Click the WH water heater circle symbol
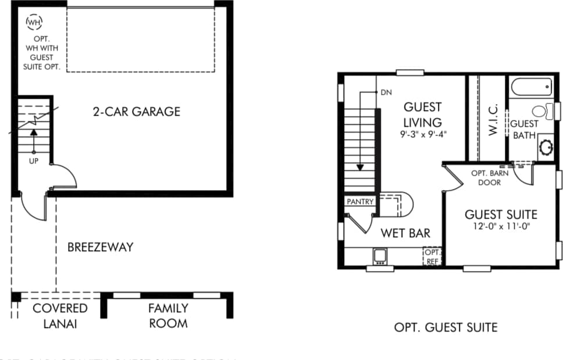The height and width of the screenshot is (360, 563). pyautogui.click(x=34, y=22)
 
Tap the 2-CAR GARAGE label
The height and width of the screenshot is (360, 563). pyautogui.click(x=137, y=111)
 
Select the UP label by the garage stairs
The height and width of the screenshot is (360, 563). pyautogui.click(x=33, y=161)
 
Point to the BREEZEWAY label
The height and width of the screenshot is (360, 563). pyautogui.click(x=100, y=247)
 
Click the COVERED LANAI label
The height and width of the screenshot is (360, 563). pyautogui.click(x=60, y=315)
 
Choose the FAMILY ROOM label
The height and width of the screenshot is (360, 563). pyautogui.click(x=168, y=315)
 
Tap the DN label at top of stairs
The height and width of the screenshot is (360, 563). pyautogui.click(x=386, y=92)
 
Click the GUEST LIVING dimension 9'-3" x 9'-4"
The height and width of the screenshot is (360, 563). pyautogui.click(x=422, y=134)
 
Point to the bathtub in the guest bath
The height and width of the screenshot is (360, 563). pyautogui.click(x=531, y=88)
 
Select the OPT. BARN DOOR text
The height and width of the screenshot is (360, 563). pyautogui.click(x=489, y=178)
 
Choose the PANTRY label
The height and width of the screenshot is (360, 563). pyautogui.click(x=359, y=202)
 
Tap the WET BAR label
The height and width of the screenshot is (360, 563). pyautogui.click(x=405, y=233)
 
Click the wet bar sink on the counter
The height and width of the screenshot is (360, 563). pyautogui.click(x=380, y=255)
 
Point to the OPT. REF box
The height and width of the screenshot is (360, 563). pyautogui.click(x=432, y=256)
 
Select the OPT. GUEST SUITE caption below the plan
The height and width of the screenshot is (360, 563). pyautogui.click(x=446, y=327)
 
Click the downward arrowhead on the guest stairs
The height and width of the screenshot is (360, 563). pyautogui.click(x=360, y=167)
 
